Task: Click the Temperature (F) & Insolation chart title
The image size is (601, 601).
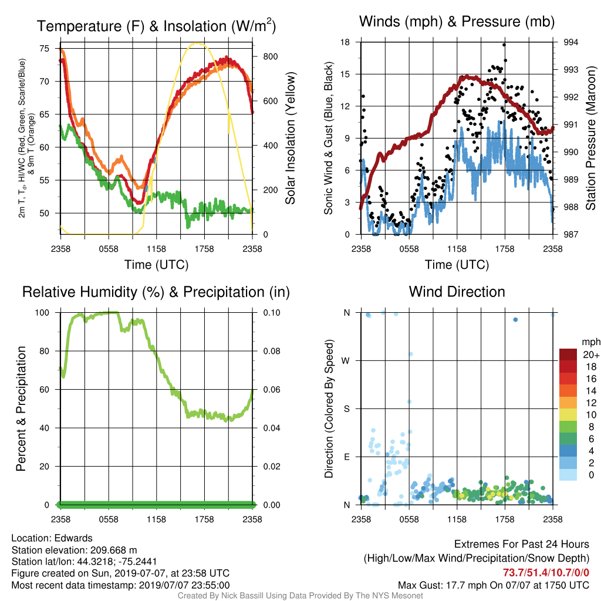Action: tap(156, 26)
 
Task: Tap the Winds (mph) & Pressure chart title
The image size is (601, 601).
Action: tap(457, 22)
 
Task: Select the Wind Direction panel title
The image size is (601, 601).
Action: tap(457, 292)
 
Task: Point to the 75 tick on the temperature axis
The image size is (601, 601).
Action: tap(45, 48)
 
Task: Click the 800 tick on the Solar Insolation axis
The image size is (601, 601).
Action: tap(270, 57)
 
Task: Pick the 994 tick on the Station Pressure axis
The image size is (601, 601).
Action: tap(570, 42)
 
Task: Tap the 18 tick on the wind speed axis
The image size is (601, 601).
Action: tap(345, 42)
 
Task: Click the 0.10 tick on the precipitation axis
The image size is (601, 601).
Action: tap(272, 313)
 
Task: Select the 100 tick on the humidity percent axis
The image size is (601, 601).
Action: tap(42, 313)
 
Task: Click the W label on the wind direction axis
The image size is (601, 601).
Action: tap(346, 361)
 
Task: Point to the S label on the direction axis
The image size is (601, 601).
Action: tap(347, 409)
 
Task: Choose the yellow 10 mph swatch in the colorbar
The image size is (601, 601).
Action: tap(568, 415)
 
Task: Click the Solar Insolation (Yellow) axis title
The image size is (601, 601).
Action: tap(291, 138)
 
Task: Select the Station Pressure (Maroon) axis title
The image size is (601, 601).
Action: tap(590, 138)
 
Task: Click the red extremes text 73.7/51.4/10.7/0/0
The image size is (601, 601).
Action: tap(546, 573)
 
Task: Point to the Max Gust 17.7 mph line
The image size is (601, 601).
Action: tap(494, 585)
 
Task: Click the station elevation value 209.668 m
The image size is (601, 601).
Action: tap(113, 550)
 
